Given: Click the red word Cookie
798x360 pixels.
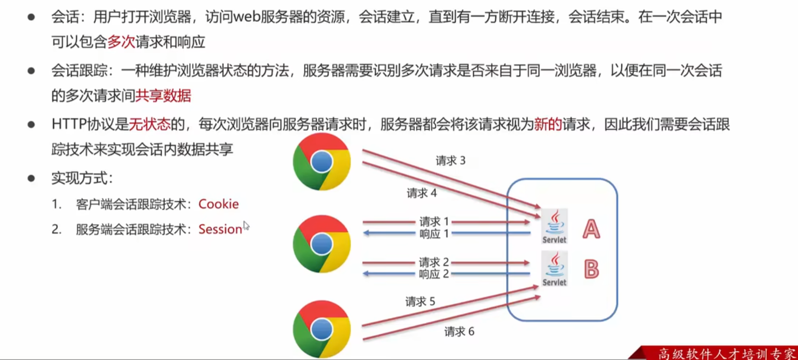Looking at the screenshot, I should pyautogui.click(x=218, y=204).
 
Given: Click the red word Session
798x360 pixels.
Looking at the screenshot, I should pyautogui.click(x=220, y=229).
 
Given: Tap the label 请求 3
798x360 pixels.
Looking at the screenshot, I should pyautogui.click(x=451, y=161).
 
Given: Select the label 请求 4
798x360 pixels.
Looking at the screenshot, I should pyautogui.click(x=422, y=193).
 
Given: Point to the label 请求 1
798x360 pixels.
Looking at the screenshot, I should pyautogui.click(x=434, y=221).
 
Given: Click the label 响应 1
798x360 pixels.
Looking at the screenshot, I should pyautogui.click(x=434, y=233).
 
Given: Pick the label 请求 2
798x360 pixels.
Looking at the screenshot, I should pyautogui.click(x=434, y=262).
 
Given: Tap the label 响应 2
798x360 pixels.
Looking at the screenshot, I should pyautogui.click(x=434, y=274).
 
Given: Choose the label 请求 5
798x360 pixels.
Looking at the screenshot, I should pyautogui.click(x=420, y=302).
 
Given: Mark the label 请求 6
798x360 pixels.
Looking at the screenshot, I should pyautogui.click(x=459, y=331).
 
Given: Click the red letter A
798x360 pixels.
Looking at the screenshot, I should pyautogui.click(x=591, y=229).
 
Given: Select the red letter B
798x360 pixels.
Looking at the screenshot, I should pyautogui.click(x=591, y=269).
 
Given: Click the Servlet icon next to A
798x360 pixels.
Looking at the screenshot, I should pyautogui.click(x=554, y=226).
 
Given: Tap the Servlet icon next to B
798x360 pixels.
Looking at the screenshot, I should pyautogui.click(x=554, y=269).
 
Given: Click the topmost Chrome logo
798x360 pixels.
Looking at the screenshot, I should pyautogui.click(x=322, y=162).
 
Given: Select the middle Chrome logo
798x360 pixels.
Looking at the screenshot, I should pyautogui.click(x=322, y=244).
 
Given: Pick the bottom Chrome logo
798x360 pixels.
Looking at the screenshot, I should pyautogui.click(x=322, y=329).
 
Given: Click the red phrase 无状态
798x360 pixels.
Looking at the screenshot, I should pyautogui.click(x=150, y=124).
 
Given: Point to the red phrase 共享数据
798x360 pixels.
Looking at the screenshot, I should pyautogui.click(x=163, y=96).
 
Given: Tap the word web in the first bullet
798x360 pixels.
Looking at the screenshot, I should pyautogui.click(x=247, y=17).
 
